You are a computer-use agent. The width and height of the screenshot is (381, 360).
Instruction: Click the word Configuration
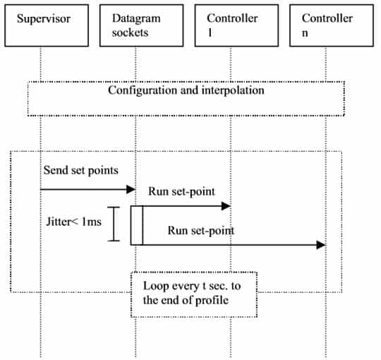click(x=143, y=91)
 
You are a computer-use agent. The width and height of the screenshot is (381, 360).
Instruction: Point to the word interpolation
click(x=233, y=90)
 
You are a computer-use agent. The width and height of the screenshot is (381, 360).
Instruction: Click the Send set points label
click(x=81, y=170)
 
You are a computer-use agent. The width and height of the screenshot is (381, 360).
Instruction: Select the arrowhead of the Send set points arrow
click(x=131, y=189)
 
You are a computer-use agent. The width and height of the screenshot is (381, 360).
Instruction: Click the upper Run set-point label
click(x=181, y=191)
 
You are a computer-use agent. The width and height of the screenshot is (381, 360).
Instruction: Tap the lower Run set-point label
click(x=201, y=231)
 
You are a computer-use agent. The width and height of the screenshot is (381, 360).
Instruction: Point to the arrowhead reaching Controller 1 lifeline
click(x=226, y=206)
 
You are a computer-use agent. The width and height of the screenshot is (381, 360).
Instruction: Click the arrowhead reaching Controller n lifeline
click(x=321, y=245)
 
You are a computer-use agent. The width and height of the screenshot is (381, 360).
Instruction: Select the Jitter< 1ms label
click(x=73, y=222)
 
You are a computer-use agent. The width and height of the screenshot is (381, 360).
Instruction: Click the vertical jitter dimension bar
click(x=114, y=224)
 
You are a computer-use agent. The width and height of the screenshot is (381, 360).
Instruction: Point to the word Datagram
click(x=136, y=18)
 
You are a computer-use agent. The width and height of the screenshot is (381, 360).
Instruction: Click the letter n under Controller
click(x=305, y=33)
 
